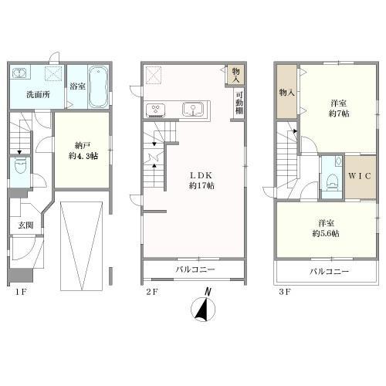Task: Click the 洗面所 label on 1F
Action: tap(38, 95)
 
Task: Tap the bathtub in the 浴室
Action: tap(98, 86)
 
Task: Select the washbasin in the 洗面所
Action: tap(19, 73)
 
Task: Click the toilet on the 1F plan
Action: tap(20, 167)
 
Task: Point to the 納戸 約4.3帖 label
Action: tap(83, 151)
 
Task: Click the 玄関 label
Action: tap(26, 225)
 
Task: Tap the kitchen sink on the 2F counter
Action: tap(193, 109)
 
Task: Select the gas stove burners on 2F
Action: tap(156, 110)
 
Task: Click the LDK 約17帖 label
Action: tap(201, 181)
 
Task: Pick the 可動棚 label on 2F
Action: tap(239, 103)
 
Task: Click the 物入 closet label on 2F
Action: tap(236, 76)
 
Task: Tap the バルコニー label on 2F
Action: tap(195, 269)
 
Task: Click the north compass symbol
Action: tap(203, 306)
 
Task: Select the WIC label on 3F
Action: tap(360, 176)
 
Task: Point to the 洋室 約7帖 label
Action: tap(339, 109)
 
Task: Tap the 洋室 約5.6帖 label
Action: tap(326, 229)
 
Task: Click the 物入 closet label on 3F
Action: tap(287, 93)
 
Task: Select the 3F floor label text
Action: tap(285, 292)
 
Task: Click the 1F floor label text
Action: tap(20, 292)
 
